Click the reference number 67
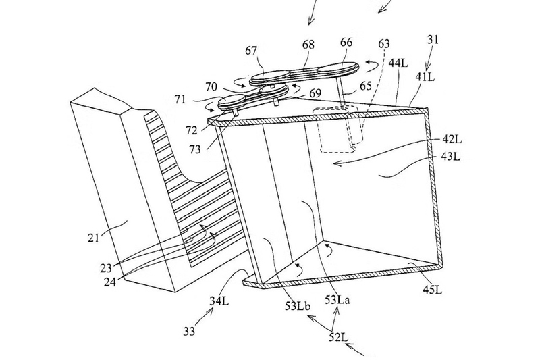[x=251, y=51]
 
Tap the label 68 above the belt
[x=308, y=45]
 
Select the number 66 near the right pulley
[x=346, y=43]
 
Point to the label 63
[x=383, y=44]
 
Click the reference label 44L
[x=398, y=63]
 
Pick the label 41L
[x=425, y=77]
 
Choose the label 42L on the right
[x=452, y=140]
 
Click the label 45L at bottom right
[x=432, y=290]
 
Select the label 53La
[x=337, y=300]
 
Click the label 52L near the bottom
[x=338, y=336]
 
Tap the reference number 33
[x=189, y=332]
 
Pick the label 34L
[x=219, y=301]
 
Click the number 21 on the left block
[x=93, y=238]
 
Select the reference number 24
[x=110, y=282]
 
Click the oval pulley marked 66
[x=338, y=68]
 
